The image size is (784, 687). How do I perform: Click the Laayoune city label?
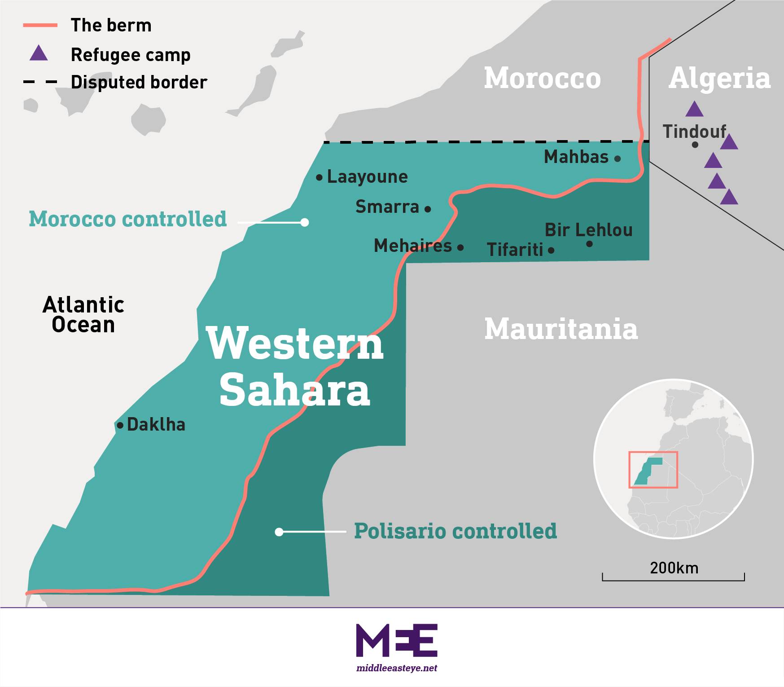click(x=367, y=176)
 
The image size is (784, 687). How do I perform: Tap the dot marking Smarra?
click(x=428, y=209)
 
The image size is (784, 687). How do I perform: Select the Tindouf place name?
click(x=694, y=132)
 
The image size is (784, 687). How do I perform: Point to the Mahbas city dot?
click(x=618, y=159)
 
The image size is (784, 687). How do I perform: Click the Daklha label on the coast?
click(x=156, y=424)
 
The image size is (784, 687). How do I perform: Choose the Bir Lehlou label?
click(x=588, y=230)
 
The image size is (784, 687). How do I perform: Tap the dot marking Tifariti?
click(x=551, y=250)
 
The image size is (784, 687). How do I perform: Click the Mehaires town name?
click(x=413, y=246)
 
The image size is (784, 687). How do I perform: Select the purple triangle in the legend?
click(x=39, y=53)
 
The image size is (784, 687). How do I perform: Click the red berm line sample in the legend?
click(x=40, y=26)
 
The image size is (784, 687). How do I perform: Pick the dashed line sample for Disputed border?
click(x=40, y=82)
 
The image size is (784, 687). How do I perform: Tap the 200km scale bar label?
click(x=674, y=568)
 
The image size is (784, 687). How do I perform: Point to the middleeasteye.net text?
click(x=397, y=668)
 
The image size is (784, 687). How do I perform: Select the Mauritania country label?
click(x=561, y=329)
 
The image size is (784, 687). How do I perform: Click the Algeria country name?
click(x=719, y=78)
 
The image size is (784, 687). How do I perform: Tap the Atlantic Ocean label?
click(x=83, y=314)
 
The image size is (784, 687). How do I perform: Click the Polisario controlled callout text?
click(x=455, y=531)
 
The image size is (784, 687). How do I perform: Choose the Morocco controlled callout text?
click(x=128, y=219)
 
